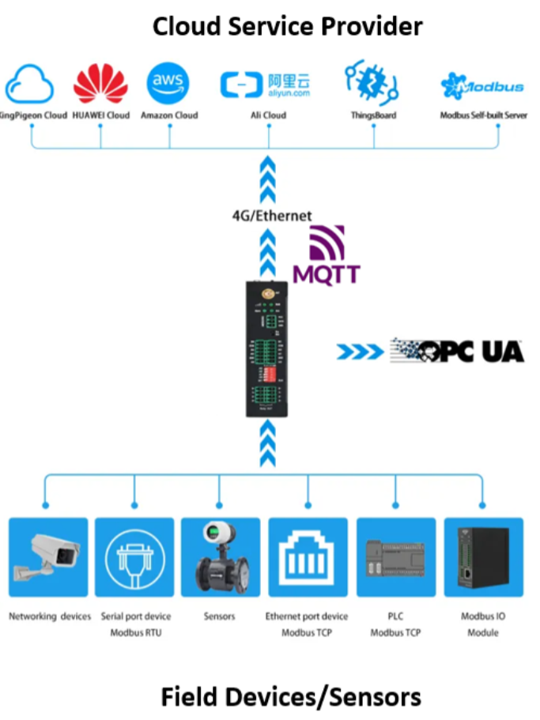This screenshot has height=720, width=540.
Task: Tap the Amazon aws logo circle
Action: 168,84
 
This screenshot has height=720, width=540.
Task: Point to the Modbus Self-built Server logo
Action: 482,85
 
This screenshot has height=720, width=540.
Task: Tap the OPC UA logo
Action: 457,351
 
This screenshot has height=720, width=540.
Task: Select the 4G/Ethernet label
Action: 271,215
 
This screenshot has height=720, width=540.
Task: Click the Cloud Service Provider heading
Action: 287,26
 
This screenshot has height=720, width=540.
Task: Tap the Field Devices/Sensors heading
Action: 291,696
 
